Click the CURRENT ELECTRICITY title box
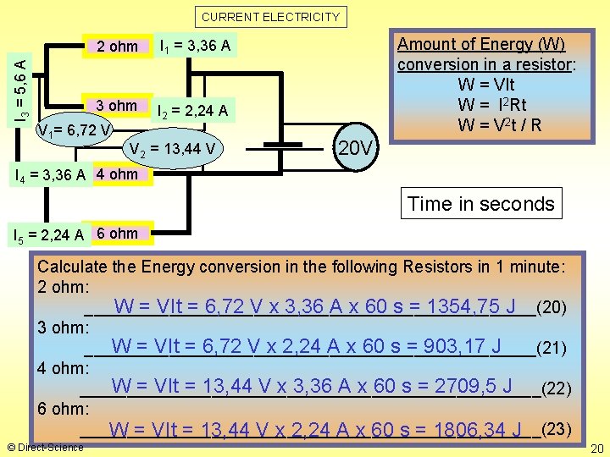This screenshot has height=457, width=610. (270, 16)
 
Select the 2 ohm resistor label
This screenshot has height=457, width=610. (117, 46)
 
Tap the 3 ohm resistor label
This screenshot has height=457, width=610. (117, 106)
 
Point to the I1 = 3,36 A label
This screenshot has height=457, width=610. (195, 45)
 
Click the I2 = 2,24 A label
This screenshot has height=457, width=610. (193, 110)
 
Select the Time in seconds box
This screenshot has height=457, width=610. (480, 204)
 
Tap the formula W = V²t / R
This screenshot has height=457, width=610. (499, 125)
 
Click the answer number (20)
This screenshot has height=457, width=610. (552, 306)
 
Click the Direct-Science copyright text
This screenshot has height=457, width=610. (44, 447)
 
